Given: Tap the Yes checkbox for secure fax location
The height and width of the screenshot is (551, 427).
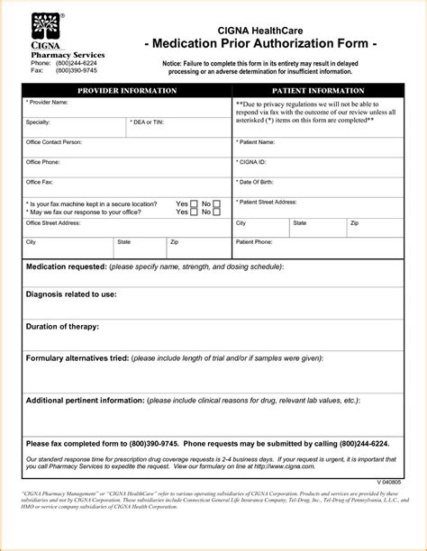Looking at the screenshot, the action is (x=194, y=204).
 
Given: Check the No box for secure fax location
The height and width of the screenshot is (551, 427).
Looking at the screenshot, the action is (x=216, y=204).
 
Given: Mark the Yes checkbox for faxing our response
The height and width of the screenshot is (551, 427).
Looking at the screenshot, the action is (x=194, y=212).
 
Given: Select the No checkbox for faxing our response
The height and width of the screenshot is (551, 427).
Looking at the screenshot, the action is (x=216, y=212).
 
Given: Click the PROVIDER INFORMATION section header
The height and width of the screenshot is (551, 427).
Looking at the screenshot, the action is (x=127, y=92).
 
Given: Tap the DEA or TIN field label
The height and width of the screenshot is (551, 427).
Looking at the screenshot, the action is (x=147, y=122).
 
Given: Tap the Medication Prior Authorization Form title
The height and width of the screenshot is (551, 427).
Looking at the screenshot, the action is (x=259, y=44).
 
